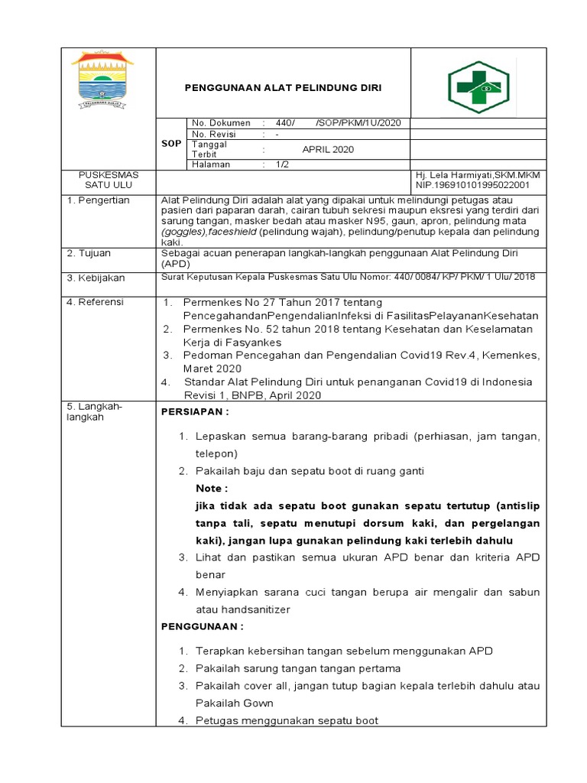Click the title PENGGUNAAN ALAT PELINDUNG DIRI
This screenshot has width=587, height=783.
283,89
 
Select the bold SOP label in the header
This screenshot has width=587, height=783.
170,144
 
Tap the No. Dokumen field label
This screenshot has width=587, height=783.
221,123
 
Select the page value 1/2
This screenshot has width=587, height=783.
282,164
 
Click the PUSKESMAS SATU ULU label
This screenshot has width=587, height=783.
108,180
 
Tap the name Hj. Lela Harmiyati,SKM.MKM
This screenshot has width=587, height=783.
478,175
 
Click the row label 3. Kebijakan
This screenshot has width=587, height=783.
96,278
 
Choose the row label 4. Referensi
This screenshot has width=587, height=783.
96,302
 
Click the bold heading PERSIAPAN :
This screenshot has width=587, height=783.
195,412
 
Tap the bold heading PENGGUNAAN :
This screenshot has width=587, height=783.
202,626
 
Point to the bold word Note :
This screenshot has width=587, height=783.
212,488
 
